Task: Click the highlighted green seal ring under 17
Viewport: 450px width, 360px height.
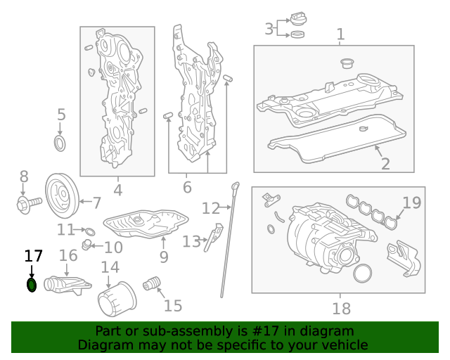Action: coord(32,285)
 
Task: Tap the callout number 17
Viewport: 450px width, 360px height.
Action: coord(34,256)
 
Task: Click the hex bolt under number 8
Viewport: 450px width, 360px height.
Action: coord(30,203)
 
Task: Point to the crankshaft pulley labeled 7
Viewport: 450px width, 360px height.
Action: coord(62,195)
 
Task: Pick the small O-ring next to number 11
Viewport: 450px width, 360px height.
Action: coord(90,231)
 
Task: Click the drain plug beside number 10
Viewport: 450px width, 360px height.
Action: coord(86,244)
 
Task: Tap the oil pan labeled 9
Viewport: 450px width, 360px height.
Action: coord(146,224)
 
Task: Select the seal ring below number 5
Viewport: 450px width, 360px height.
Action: coord(60,144)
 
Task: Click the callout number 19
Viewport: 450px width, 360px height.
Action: coord(412,202)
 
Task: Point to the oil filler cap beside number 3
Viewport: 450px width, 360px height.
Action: coord(298,20)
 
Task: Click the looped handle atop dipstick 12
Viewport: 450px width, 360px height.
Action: coord(235,186)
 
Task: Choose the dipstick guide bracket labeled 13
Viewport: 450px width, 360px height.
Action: coord(213,238)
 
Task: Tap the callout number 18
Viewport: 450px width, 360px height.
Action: coord(342,309)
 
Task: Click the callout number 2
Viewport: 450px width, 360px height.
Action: coord(385,164)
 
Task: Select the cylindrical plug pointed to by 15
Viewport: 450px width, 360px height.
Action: coord(152,283)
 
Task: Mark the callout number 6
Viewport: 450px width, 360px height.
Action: coord(187,187)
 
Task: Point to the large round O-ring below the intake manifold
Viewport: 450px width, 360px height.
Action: coord(363,274)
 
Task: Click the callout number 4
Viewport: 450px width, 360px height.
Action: coord(118,190)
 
